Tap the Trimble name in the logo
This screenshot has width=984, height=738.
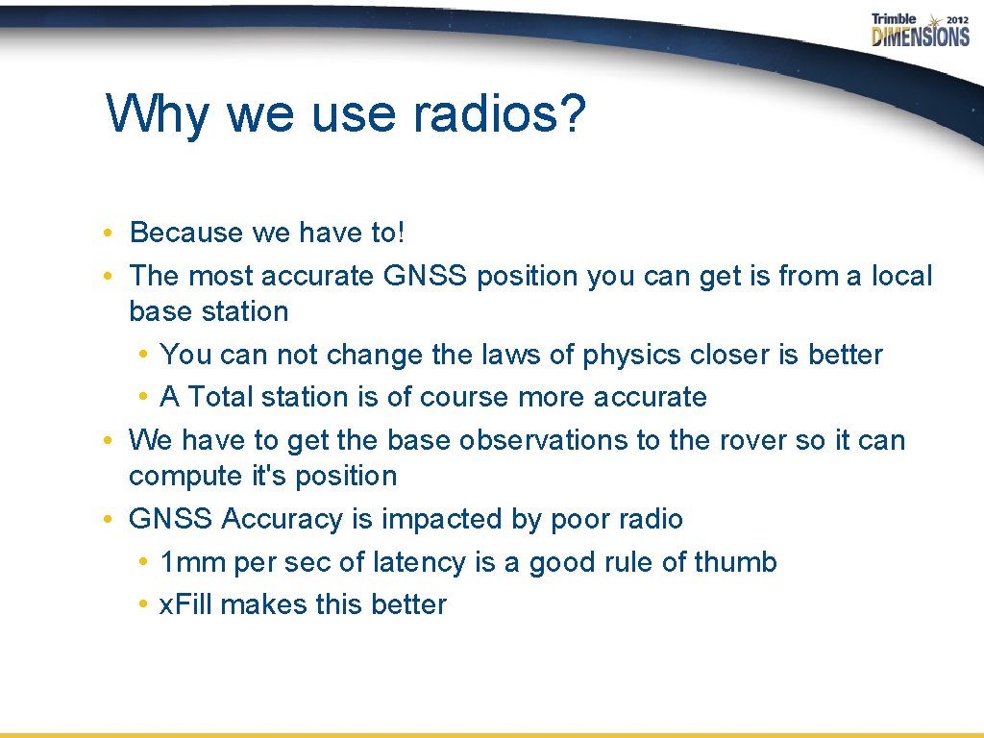point(894,19)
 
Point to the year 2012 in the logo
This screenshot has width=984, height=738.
point(956,19)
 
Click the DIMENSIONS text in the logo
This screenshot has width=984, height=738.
point(921,37)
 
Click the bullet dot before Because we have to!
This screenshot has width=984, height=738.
point(111,234)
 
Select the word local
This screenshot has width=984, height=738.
point(901,276)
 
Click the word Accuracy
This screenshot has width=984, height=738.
point(283,519)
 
